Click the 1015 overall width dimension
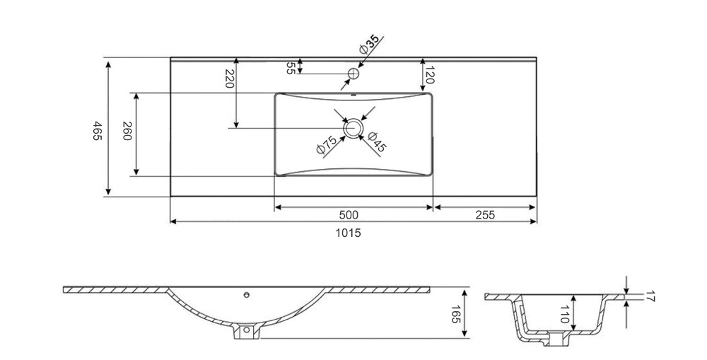(x=348, y=233)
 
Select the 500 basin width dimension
(x=348, y=215)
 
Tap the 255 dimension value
(x=485, y=215)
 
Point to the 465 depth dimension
(x=98, y=130)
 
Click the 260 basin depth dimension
(x=127, y=131)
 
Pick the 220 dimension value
(x=230, y=79)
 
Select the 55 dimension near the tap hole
(x=291, y=68)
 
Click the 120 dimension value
(x=430, y=75)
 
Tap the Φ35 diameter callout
(x=370, y=45)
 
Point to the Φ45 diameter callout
(x=377, y=141)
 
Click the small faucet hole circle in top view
(x=354, y=73)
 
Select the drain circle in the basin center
(x=353, y=128)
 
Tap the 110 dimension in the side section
(x=564, y=314)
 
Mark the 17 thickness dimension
(x=649, y=297)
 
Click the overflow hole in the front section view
(x=246, y=295)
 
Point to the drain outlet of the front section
(x=247, y=331)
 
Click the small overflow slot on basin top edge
(x=353, y=95)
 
